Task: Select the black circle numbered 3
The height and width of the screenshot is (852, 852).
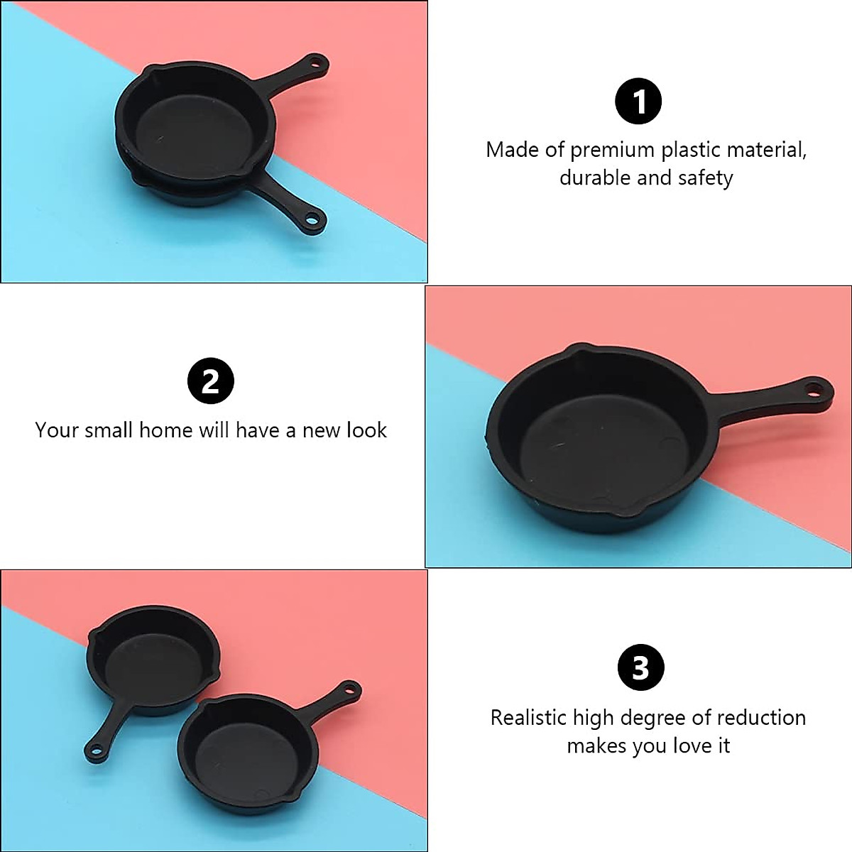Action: click(x=640, y=668)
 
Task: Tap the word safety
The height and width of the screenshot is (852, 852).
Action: click(x=705, y=177)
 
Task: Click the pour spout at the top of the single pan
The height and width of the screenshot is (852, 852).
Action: click(x=577, y=351)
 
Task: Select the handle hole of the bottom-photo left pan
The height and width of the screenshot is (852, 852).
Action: click(x=94, y=749)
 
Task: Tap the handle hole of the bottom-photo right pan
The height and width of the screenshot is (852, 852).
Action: click(x=349, y=689)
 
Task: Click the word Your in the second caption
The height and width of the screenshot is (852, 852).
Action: click(x=55, y=430)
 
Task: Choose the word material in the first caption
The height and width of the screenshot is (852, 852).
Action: click(x=768, y=150)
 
